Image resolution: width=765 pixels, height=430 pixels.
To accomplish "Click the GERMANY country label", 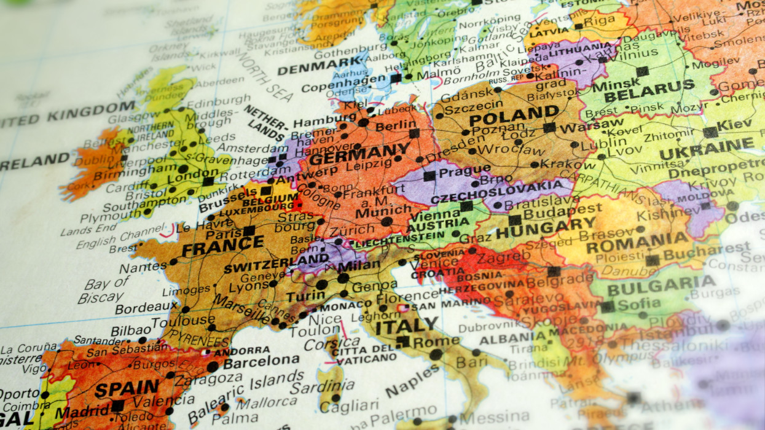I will (359, 154).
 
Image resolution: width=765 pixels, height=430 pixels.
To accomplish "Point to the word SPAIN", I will (127, 388).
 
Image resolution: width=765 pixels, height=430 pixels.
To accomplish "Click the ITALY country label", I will (407, 325).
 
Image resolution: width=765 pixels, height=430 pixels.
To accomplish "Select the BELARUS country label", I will (649, 92).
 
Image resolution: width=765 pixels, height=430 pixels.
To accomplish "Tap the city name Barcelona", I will (261, 361).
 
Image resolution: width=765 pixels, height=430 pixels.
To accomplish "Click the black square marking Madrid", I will (117, 406).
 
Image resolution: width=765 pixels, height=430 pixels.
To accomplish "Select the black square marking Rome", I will (402, 341).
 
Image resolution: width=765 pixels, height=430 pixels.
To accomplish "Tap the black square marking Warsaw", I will (549, 128).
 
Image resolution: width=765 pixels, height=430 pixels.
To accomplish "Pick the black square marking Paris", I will (249, 231).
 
